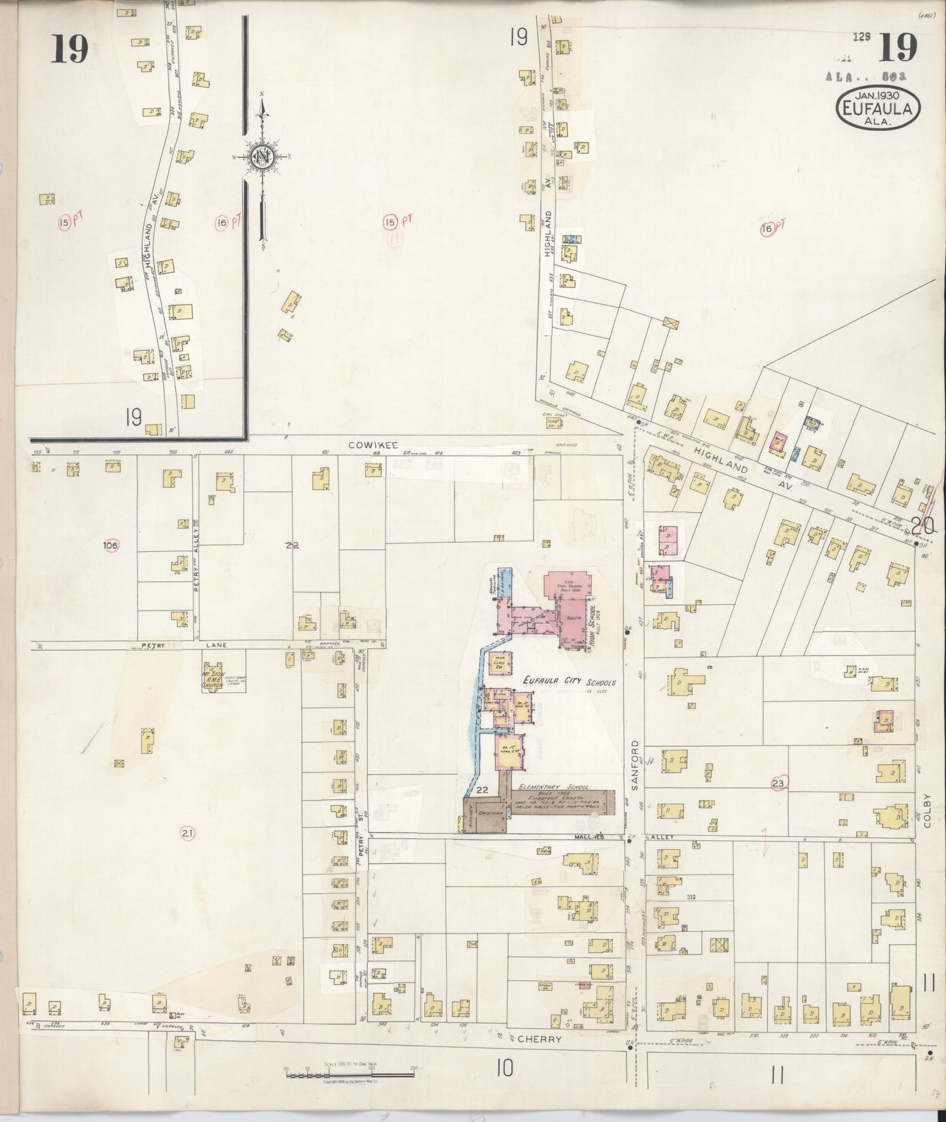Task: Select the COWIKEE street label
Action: click(365, 445)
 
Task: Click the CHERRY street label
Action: click(539, 1038)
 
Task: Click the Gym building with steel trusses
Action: click(568, 587)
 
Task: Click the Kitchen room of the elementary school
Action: click(470, 815)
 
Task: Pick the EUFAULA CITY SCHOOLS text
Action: click(569, 682)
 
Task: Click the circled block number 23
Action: click(778, 783)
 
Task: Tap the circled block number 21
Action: click(188, 833)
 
